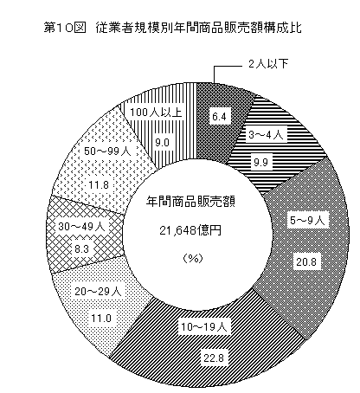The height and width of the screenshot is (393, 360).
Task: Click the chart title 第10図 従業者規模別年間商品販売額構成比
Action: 172,28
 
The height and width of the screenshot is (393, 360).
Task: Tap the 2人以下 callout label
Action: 268,63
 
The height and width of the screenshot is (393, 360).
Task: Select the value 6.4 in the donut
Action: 219,117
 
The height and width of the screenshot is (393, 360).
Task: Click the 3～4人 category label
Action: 266,135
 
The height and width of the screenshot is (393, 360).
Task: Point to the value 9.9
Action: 260,163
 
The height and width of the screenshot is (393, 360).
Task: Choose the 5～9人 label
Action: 307,221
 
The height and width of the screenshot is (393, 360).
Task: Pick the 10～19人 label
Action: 204,327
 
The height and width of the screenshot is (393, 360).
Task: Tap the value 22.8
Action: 214,358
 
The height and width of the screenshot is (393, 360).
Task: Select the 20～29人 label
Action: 98,292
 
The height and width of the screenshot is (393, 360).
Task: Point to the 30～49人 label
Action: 81,227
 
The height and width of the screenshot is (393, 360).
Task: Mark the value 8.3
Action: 81,248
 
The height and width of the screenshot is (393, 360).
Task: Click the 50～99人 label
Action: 107,151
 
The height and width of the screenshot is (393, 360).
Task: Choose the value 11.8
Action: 99,184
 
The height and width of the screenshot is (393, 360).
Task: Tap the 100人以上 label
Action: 156,113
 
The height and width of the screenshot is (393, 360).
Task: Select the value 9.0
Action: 162,143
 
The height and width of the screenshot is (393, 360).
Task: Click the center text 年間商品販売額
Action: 190,202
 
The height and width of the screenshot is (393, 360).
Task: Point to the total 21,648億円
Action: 190,230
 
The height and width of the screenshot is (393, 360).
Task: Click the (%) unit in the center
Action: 193,258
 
